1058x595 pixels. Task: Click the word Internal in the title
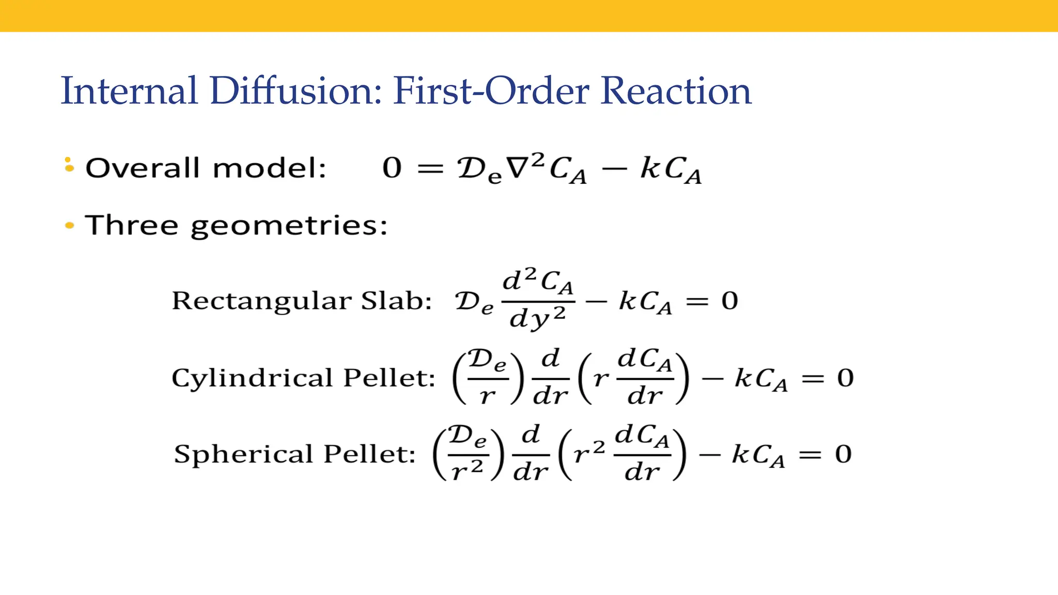(129, 91)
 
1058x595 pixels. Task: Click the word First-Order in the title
(491, 91)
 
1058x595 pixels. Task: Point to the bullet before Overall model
(69, 165)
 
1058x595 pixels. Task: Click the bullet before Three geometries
(69, 225)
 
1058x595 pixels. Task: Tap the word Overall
(143, 168)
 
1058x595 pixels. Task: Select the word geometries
(289, 226)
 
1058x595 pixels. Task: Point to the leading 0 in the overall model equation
(392, 168)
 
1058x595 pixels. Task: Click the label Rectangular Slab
(302, 301)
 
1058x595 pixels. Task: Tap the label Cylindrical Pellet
(303, 378)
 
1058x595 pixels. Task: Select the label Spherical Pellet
(295, 454)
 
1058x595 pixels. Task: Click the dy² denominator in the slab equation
(538, 318)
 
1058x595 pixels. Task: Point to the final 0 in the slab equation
(729, 301)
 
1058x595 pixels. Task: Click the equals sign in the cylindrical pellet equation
(813, 379)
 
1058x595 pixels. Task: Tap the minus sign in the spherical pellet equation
(710, 455)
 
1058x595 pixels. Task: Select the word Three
(132, 225)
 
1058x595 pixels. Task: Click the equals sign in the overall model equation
(430, 168)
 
